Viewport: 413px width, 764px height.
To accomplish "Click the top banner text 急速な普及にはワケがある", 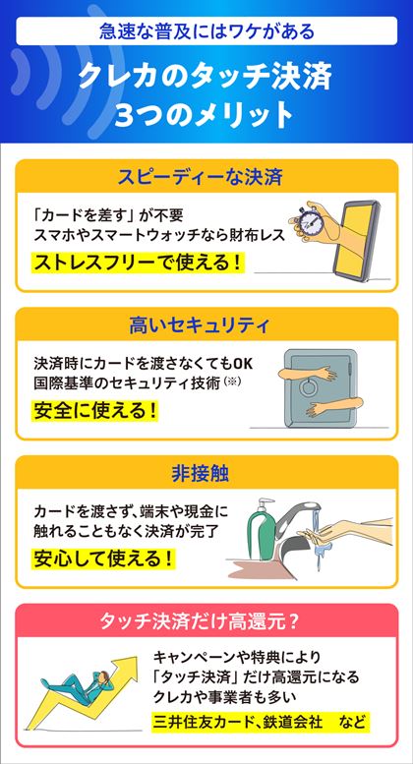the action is click(206, 31).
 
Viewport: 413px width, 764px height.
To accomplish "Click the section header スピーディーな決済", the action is click(206, 177).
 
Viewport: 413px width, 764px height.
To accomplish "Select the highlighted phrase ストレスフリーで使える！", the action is click(138, 264).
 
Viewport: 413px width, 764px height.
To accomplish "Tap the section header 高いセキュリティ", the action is click(206, 325).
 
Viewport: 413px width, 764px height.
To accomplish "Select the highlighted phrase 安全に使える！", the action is click(96, 411).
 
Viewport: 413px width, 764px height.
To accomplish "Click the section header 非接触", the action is click(206, 474).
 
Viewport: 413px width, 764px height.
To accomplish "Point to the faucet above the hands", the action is click(297, 517).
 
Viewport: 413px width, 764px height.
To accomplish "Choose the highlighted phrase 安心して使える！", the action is click(103, 558).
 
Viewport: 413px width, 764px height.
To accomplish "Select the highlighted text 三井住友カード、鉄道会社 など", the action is click(260, 721).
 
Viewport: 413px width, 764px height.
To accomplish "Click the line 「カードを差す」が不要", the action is click(107, 215).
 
